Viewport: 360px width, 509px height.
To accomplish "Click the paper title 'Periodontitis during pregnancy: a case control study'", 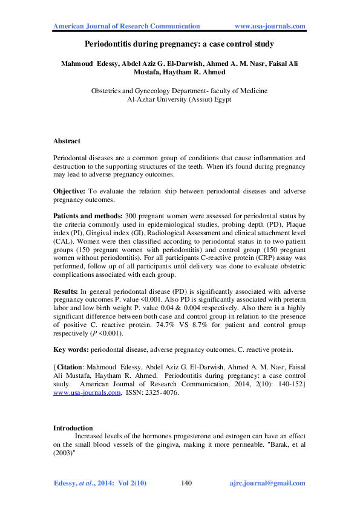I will click(x=179, y=44).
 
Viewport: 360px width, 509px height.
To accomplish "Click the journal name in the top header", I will click(x=127, y=26).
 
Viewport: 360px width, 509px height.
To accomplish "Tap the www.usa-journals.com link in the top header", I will click(x=269, y=26).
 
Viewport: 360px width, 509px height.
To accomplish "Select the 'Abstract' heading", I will click(x=67, y=141).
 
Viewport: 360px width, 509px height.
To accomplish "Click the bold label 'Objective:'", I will click(x=72, y=191).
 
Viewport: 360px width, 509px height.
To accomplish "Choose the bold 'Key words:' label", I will click(x=71, y=349).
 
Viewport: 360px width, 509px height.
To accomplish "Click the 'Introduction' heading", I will click(x=73, y=428).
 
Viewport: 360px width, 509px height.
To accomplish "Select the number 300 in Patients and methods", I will click(x=131, y=216).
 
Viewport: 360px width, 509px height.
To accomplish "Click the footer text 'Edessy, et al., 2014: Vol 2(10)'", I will click(x=100, y=484).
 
